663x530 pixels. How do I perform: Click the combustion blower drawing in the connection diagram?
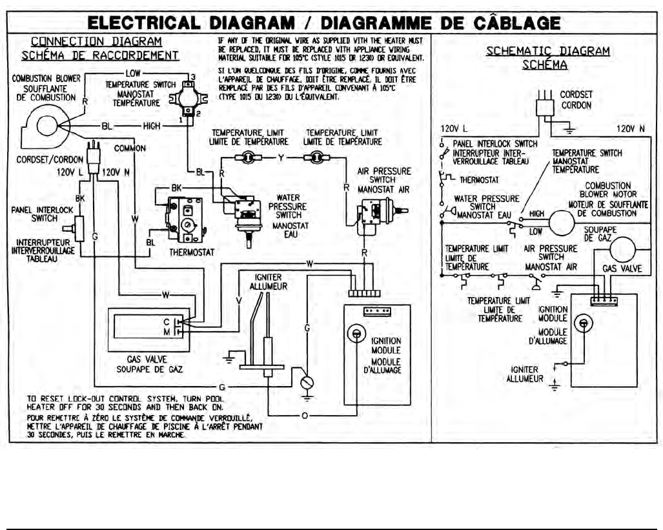point(47,124)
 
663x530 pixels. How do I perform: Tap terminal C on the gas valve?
point(167,321)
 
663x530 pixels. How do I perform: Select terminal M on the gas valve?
point(167,331)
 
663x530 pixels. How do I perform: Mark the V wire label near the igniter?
point(239,300)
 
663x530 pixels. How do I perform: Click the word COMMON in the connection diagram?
point(130,148)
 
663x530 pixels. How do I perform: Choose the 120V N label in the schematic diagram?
point(631,128)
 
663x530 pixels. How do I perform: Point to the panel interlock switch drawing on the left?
point(79,227)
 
